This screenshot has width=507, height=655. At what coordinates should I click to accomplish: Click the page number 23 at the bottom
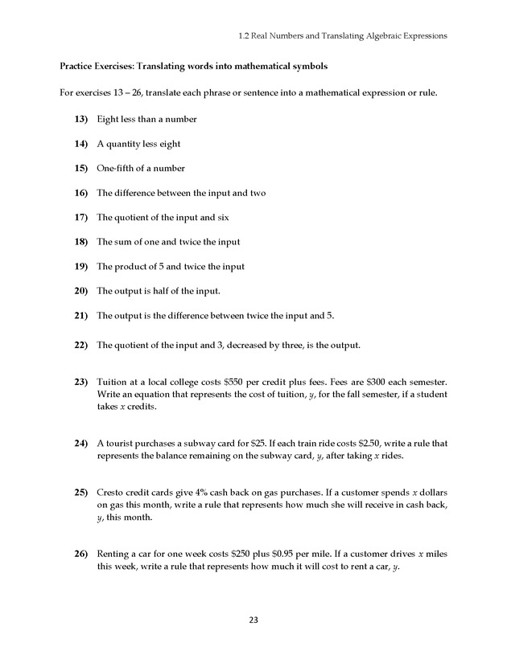[x=253, y=620]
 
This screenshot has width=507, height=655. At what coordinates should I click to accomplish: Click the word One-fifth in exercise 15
[x=116, y=169]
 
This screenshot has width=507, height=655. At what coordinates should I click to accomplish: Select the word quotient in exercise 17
[x=133, y=218]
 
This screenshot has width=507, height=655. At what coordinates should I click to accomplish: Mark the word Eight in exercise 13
[x=107, y=120]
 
